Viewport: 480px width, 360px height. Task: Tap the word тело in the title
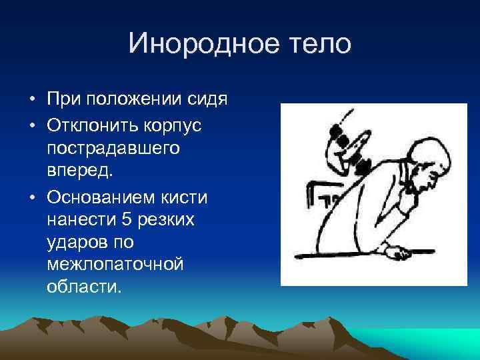click(x=317, y=45)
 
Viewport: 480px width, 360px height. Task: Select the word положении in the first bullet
click(x=129, y=101)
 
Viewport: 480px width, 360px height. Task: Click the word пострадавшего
click(x=113, y=147)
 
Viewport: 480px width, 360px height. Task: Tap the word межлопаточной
click(x=115, y=265)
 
